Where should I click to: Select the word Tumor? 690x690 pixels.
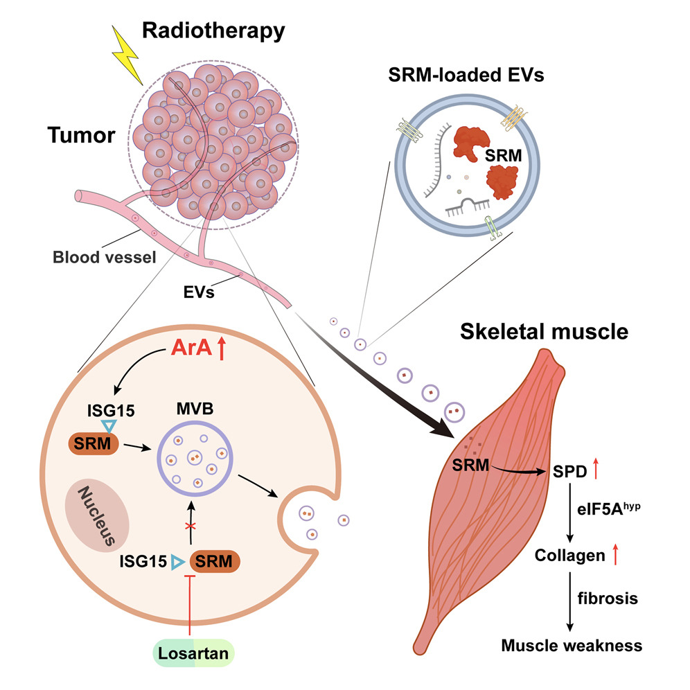[81, 135]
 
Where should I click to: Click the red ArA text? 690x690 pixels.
[191, 349]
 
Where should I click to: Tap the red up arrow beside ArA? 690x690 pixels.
[222, 348]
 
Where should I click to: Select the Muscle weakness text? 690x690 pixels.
[571, 646]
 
